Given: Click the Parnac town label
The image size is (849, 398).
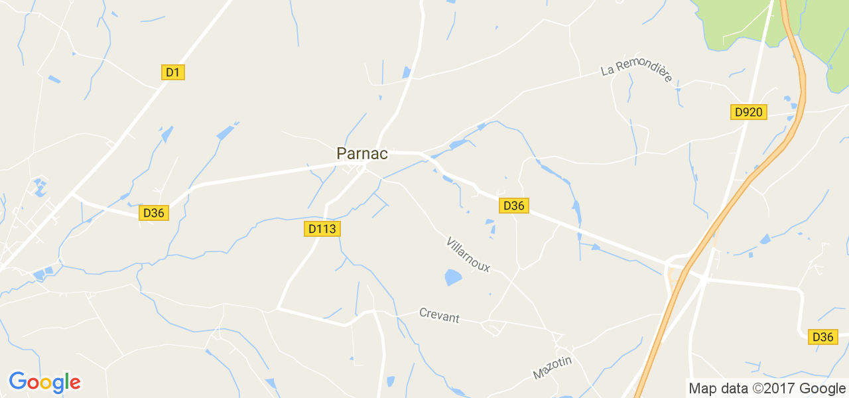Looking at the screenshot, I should pos(361,153).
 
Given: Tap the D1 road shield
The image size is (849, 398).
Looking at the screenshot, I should pos(172,72).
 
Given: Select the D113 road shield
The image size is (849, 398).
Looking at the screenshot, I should pos(323,229).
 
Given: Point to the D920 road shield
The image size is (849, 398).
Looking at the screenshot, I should pos(749,112).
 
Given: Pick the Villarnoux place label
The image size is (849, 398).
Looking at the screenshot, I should pos(468,254).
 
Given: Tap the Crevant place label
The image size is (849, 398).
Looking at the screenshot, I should pos(439,315).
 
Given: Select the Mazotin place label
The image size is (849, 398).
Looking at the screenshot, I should pos(552,367).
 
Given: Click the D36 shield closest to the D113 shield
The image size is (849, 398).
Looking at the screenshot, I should pos(154,213).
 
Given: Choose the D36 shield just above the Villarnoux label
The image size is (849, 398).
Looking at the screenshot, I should pos(514,206).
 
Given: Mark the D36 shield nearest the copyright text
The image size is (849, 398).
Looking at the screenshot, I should pos(822,337).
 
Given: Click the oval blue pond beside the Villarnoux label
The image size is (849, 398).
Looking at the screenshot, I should pos(453,277).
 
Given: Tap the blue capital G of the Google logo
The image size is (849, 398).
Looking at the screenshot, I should pos(18,381).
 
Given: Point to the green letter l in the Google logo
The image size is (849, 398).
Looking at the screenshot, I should pos(65,381).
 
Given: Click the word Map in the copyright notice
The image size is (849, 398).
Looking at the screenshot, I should pos(702,389).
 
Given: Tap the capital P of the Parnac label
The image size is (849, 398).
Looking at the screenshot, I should pos(342,153).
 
